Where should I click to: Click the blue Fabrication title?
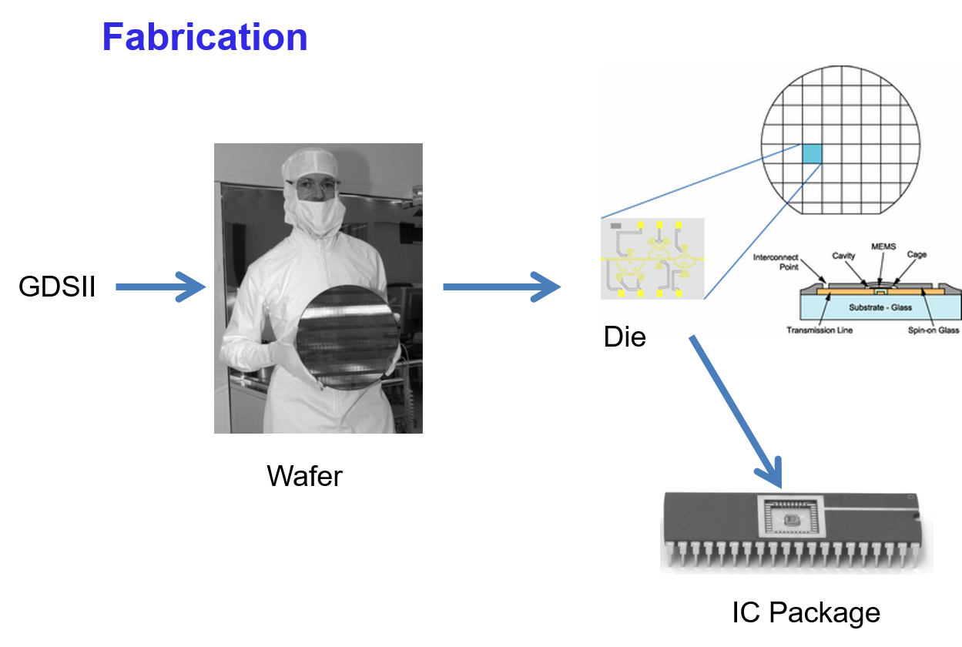pos(204,37)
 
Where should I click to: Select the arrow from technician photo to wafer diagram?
pos(501,287)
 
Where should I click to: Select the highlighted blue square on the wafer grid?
pos(812,153)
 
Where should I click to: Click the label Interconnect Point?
pos(775,262)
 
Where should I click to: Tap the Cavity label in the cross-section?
pos(843,256)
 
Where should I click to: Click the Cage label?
pos(917,255)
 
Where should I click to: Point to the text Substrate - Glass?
pos(880,307)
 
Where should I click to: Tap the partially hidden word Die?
pos(624,332)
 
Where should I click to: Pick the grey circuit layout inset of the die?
pos(652,259)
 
